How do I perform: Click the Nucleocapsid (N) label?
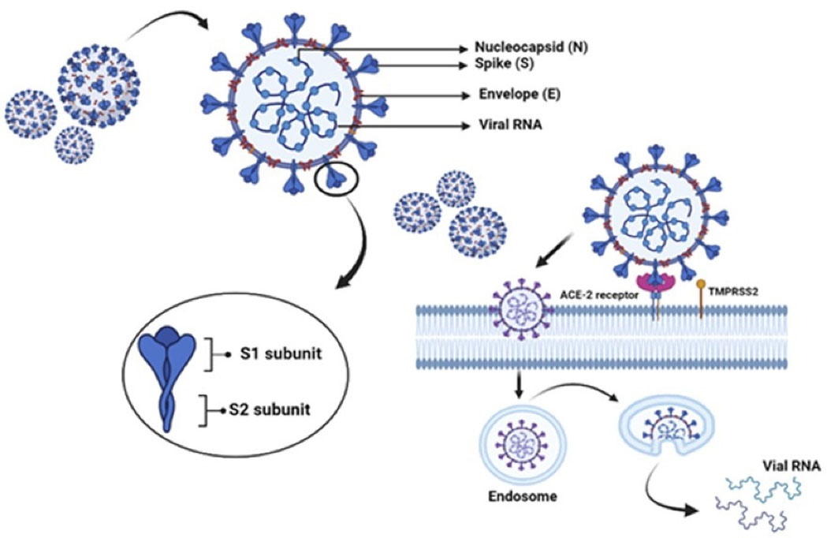(533, 47)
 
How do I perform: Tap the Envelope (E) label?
(520, 95)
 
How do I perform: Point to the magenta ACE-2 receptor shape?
(655, 281)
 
